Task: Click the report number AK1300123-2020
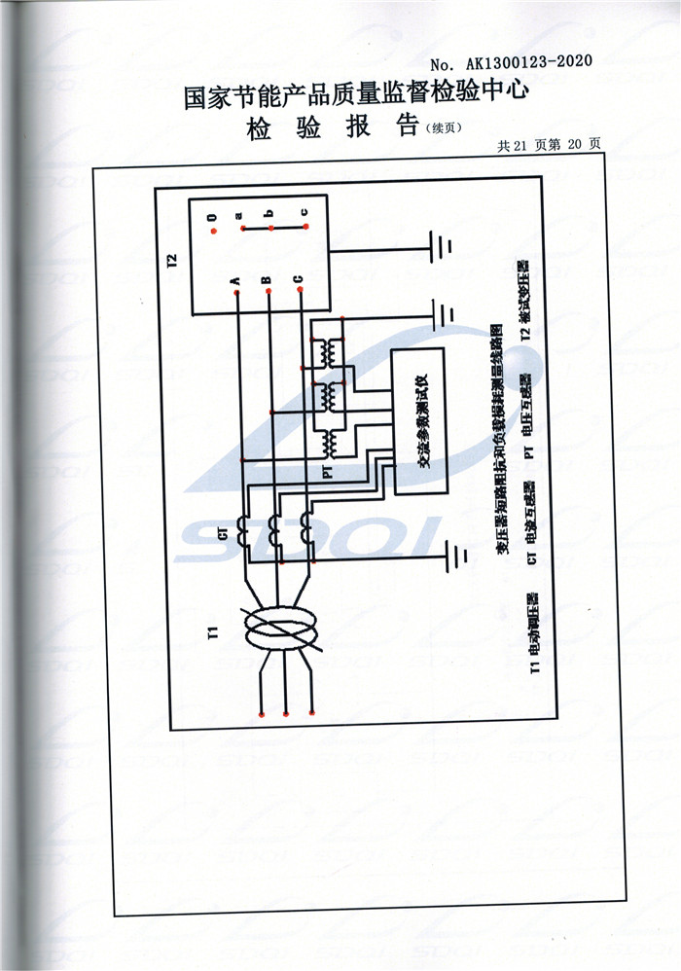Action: tap(531, 62)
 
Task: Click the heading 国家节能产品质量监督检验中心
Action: tap(356, 94)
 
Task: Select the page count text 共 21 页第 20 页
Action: tap(549, 144)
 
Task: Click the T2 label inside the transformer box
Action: tap(172, 261)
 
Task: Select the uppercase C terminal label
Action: tap(298, 280)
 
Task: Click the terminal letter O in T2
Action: tap(211, 219)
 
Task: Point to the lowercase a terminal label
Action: tap(238, 215)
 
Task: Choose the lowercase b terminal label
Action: tap(269, 213)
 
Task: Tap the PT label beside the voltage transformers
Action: tap(327, 471)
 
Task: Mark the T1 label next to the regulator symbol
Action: tap(212, 636)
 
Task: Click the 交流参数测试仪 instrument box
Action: tap(420, 420)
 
